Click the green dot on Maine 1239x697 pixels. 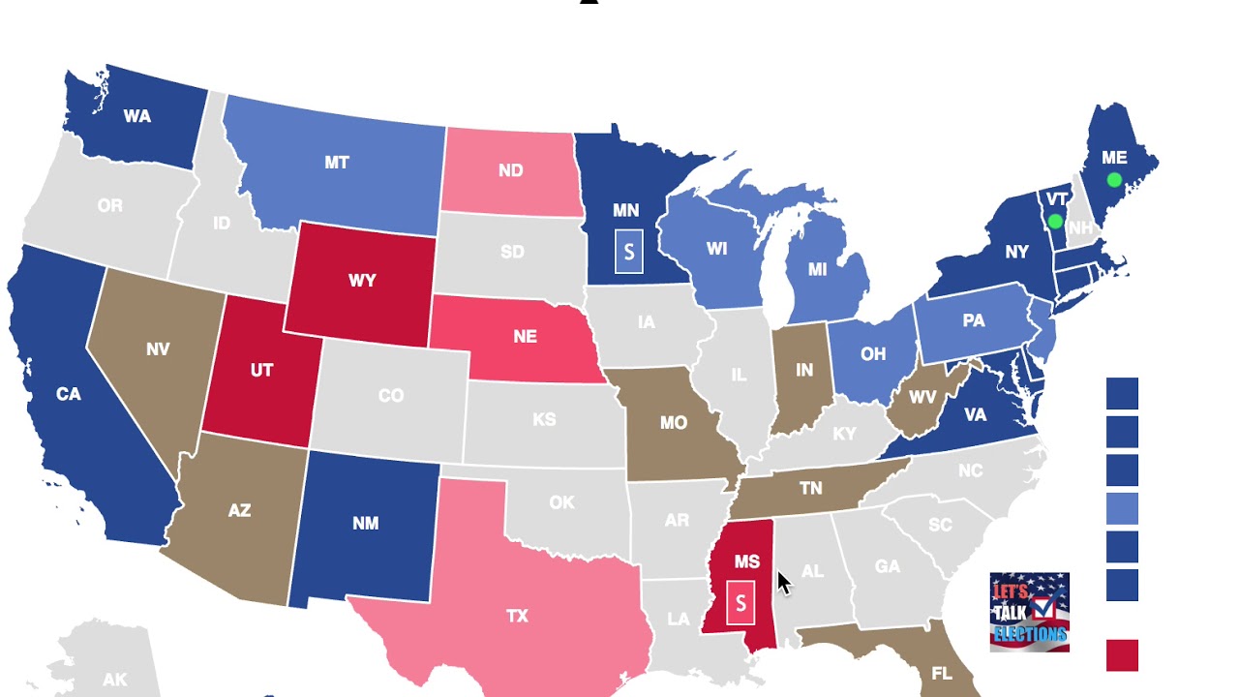(1114, 180)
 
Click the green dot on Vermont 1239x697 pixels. (1056, 222)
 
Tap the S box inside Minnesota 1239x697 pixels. (629, 252)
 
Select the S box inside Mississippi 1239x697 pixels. (740, 603)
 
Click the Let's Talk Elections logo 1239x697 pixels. (1029, 612)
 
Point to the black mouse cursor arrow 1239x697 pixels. (783, 582)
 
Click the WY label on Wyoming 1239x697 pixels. (362, 281)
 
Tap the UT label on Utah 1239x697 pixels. (261, 371)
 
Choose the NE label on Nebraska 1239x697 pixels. (525, 337)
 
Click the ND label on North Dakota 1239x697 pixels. (511, 171)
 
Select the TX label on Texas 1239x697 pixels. (517, 616)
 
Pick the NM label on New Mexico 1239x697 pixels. (365, 524)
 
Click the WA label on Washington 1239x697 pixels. (136, 116)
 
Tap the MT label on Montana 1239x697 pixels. (336, 163)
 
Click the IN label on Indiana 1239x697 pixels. (804, 371)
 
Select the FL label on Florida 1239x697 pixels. (941, 674)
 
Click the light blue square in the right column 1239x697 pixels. (1122, 508)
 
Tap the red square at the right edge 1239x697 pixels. (1122, 655)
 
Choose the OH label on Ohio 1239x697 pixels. (873, 354)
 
